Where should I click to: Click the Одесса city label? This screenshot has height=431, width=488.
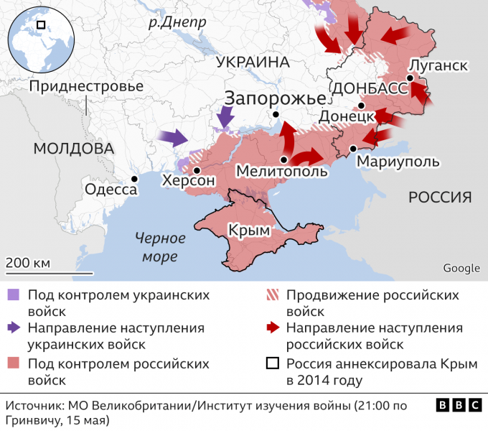111,190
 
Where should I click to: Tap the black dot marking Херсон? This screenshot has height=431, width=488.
197,170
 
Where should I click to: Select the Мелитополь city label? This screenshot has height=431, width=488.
281,172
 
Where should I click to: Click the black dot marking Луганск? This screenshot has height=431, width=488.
409,78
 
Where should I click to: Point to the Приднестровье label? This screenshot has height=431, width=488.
86,86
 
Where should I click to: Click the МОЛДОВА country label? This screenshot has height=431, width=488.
73,149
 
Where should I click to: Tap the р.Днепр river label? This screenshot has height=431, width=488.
177,22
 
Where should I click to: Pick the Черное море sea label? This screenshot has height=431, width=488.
161,247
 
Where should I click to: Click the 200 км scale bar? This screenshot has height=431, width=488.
49,269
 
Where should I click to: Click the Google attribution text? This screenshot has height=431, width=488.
461,269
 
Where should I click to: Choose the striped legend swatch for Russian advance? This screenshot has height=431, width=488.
271,295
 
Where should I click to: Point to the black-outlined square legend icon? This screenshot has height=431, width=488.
271,364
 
